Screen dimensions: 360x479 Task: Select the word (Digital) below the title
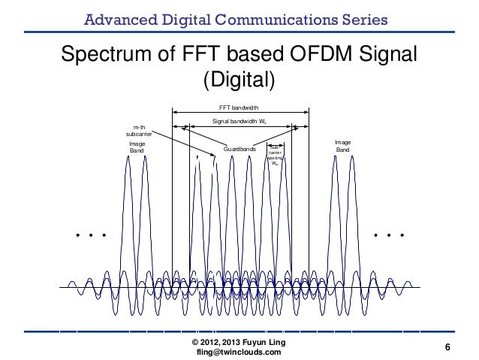tap(240, 79)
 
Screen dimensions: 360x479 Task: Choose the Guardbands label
tap(238, 150)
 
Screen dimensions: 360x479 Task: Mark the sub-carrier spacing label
tap(276, 155)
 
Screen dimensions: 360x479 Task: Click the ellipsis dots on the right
tap(389, 235)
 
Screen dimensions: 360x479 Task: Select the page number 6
tap(447, 347)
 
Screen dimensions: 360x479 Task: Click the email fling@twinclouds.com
tap(238, 352)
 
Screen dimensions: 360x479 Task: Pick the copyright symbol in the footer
tap(197, 343)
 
